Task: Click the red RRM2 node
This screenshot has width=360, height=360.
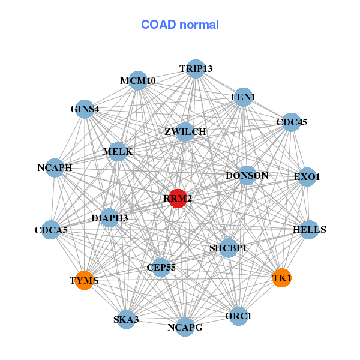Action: [178, 199]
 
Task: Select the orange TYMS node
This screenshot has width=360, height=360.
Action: [85, 280]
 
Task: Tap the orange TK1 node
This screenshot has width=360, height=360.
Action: [282, 278]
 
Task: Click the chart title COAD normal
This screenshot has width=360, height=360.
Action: [180, 25]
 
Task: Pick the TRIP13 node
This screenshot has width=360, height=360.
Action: [196, 69]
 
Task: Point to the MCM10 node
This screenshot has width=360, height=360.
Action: [138, 81]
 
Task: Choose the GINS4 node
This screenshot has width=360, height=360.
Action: [85, 109]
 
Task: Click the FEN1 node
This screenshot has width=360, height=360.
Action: [243, 97]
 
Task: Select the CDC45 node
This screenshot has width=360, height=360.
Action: [291, 122]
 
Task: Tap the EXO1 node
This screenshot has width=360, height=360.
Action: [307, 177]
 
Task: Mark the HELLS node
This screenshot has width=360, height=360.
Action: [309, 230]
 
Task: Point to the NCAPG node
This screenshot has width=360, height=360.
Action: [185, 327]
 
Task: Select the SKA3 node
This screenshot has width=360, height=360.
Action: [126, 319]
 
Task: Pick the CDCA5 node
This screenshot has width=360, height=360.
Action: [52, 230]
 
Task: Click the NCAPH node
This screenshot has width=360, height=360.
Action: [55, 168]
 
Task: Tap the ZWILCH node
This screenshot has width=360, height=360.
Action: [185, 132]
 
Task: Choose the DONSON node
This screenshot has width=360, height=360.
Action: [247, 176]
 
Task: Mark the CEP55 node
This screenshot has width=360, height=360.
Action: [161, 267]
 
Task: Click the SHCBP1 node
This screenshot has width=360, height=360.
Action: [228, 247]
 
